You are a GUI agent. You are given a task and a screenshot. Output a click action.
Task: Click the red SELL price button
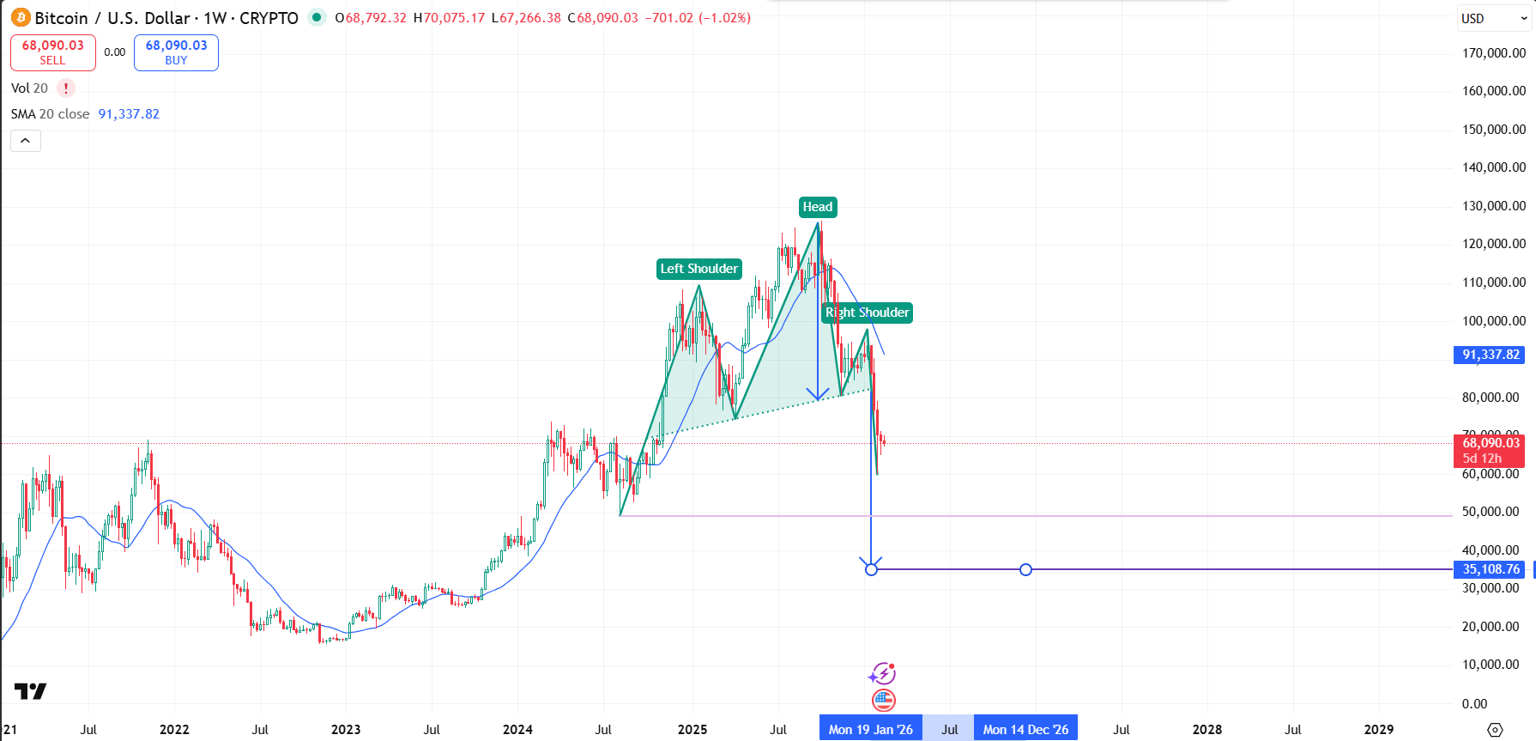(52, 52)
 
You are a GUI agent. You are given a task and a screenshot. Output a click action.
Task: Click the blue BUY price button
(176, 52)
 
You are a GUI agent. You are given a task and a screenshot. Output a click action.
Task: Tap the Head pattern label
(818, 207)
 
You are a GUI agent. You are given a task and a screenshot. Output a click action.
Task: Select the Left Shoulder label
(698, 269)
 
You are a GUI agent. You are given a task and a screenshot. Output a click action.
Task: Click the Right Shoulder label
(867, 313)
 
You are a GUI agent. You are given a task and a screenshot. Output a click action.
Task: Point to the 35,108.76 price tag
(1491, 569)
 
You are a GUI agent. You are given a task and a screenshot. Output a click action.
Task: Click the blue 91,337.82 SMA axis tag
(1490, 355)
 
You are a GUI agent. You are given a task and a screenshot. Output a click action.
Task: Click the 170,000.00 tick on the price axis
(1493, 53)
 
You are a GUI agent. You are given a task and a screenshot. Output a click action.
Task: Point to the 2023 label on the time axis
(346, 730)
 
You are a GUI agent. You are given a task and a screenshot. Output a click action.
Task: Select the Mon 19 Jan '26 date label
(870, 730)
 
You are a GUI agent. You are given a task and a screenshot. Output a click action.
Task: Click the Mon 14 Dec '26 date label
(1025, 730)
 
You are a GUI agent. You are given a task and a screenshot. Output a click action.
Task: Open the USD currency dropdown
(1494, 18)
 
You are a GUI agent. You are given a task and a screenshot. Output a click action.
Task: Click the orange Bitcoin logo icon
(21, 18)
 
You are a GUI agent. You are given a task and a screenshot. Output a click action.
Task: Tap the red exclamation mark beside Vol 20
(65, 88)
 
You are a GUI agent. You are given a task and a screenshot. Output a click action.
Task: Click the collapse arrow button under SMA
(26, 141)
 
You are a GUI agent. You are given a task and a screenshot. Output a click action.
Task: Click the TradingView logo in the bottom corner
(30, 691)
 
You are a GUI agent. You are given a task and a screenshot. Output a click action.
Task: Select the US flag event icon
(883, 701)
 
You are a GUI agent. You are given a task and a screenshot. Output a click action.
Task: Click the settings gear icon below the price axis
(1495, 730)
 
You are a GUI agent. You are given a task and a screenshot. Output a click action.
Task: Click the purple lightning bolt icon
(882, 674)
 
